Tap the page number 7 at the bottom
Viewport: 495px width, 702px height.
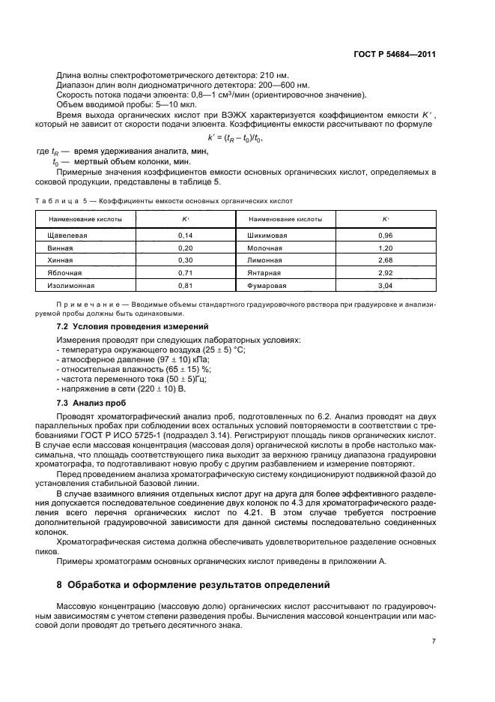click(434, 640)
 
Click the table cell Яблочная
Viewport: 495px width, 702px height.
click(63, 273)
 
